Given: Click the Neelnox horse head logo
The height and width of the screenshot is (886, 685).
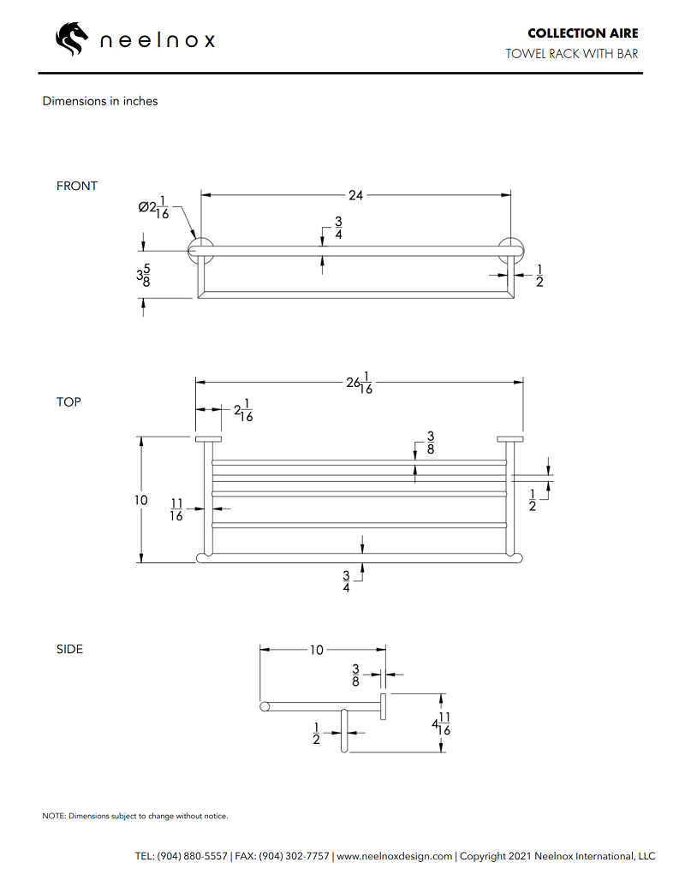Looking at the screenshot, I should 72,39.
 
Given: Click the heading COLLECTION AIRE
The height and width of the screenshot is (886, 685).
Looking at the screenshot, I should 582,33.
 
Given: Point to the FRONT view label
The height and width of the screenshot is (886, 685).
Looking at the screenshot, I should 77,186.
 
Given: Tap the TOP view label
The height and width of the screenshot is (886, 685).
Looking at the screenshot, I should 69,401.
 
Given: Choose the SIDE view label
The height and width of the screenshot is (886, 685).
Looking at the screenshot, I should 70,649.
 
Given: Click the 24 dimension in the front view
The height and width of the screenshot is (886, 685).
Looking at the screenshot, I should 355,195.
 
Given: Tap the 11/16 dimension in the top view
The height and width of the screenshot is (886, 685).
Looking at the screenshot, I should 176,509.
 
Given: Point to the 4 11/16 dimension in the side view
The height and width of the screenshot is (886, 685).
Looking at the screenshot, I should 441,724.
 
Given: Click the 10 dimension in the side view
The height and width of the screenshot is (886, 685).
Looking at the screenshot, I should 317,650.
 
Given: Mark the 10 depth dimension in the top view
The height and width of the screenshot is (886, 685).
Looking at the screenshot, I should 141,500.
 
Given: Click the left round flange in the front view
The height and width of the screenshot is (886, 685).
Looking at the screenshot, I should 201,250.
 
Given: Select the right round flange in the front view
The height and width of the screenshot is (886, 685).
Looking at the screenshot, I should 511,250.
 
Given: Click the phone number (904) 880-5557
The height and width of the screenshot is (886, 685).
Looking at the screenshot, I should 193,855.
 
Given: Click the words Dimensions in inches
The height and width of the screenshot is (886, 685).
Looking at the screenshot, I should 100,101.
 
